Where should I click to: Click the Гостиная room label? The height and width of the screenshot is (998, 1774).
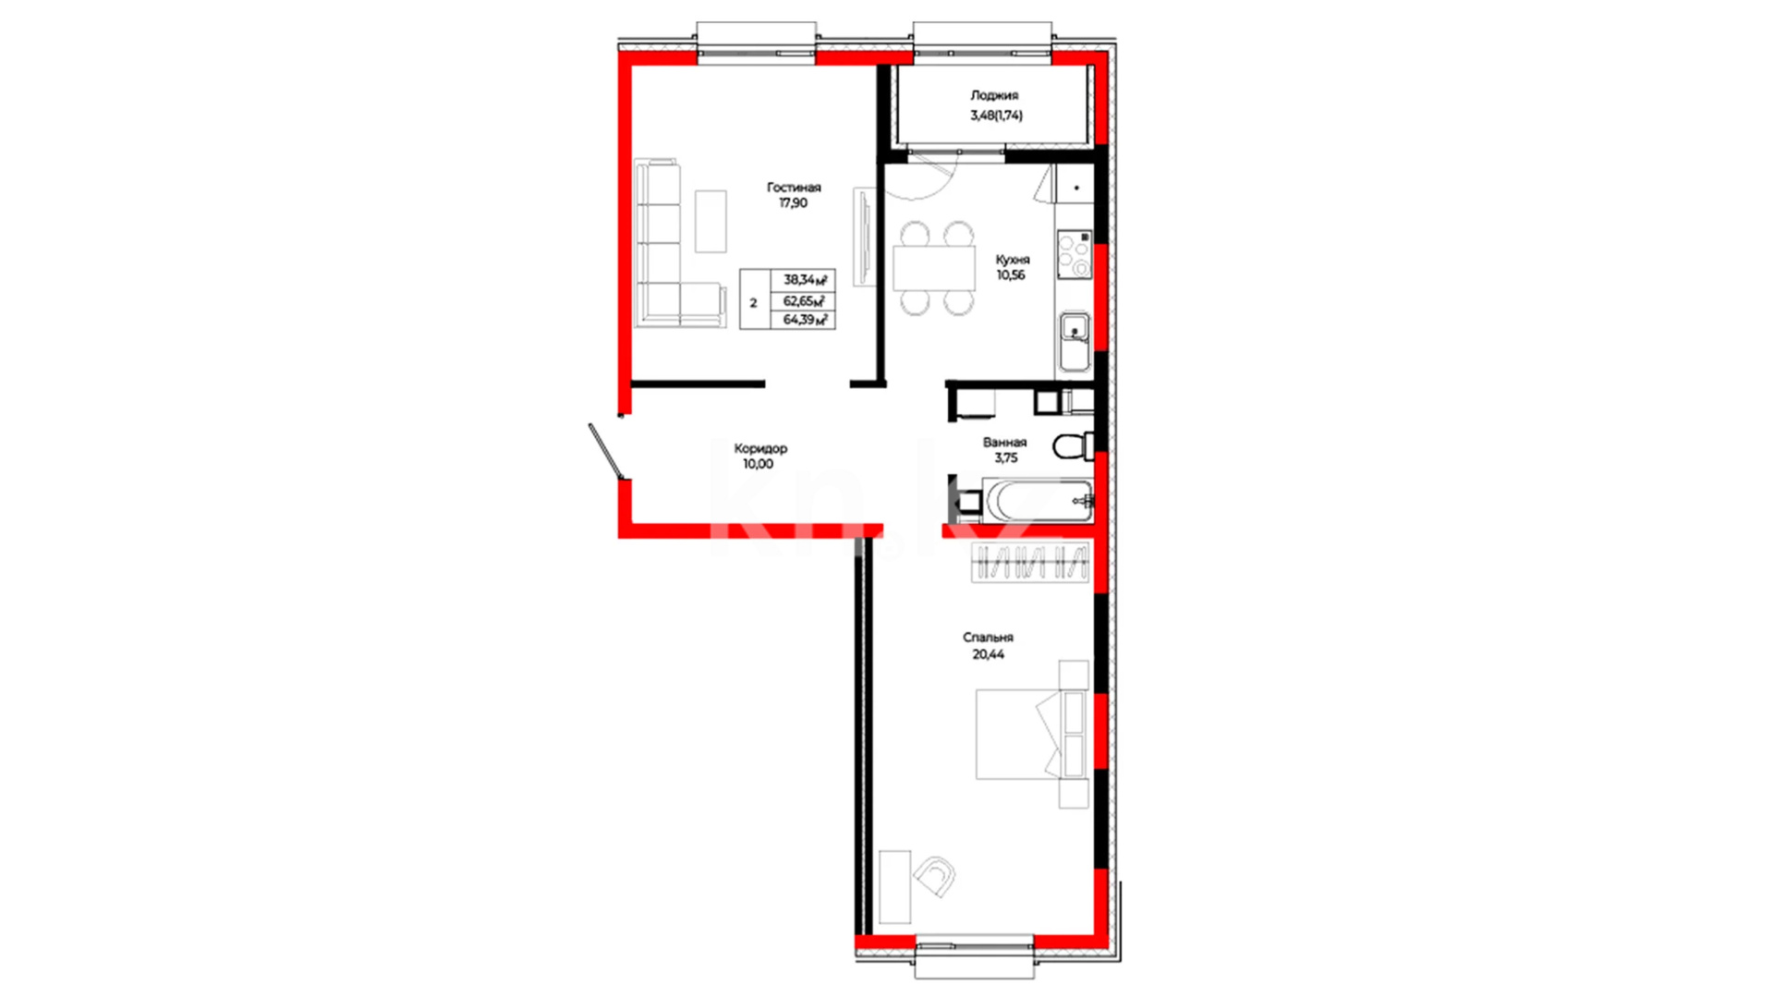pyautogui.click(x=794, y=188)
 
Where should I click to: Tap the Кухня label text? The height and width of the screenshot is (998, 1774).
pyautogui.click(x=1013, y=260)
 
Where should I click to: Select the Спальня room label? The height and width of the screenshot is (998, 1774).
pyautogui.click(x=988, y=638)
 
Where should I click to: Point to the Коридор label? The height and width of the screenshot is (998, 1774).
pyautogui.click(x=760, y=449)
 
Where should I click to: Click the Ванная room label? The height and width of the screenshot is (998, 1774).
pyautogui.click(x=1004, y=443)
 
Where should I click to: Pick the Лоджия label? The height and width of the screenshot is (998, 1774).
pyautogui.click(x=994, y=95)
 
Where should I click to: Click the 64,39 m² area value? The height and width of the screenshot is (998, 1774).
pyautogui.click(x=805, y=320)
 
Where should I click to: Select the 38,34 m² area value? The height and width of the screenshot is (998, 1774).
pyautogui.click(x=805, y=279)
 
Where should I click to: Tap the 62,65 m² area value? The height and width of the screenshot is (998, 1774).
pyautogui.click(x=805, y=300)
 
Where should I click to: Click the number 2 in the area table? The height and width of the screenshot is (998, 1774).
pyautogui.click(x=753, y=303)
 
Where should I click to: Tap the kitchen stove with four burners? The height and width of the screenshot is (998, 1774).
pyautogui.click(x=1075, y=255)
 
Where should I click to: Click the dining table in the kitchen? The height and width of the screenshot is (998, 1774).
pyautogui.click(x=934, y=268)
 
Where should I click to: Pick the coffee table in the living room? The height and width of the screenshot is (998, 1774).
pyautogui.click(x=711, y=221)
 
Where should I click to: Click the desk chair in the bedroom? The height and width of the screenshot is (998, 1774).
pyautogui.click(x=935, y=875)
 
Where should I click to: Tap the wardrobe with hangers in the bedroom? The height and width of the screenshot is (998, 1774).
pyautogui.click(x=1030, y=562)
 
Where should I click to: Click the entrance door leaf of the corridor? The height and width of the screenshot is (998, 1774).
pyautogui.click(x=606, y=452)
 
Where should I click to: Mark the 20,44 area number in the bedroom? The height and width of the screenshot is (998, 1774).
pyautogui.click(x=988, y=654)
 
